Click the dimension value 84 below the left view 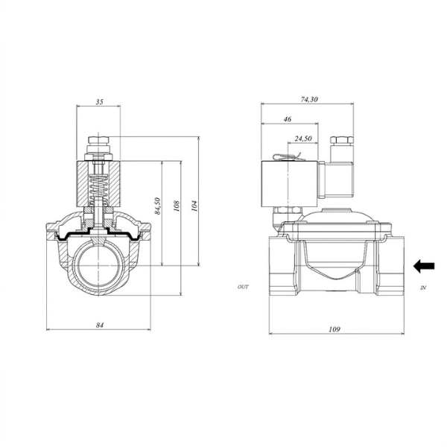(98, 324)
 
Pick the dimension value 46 (288, 119)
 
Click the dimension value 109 (335, 329)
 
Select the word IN (422, 287)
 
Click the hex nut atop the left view (98, 141)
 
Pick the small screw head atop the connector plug (342, 140)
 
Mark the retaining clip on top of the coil (287, 156)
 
